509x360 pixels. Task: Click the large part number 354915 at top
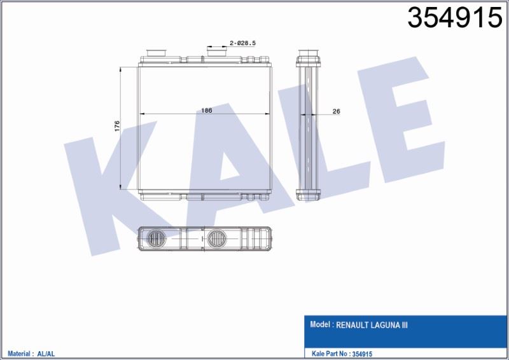pos(455,18)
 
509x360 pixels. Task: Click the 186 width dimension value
pos(206,111)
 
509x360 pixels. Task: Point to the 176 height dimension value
pos(117,126)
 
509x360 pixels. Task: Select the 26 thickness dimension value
pos(337,111)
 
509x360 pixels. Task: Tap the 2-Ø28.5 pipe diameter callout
pos(243,43)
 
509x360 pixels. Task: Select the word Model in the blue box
pos(320,324)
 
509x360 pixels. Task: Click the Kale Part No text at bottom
pos(329,354)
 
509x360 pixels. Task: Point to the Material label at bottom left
pos(18,354)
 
